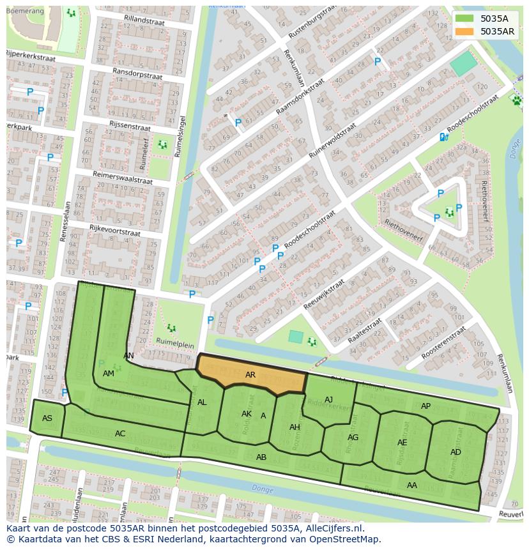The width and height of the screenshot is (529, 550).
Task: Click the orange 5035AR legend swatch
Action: [x=465, y=31]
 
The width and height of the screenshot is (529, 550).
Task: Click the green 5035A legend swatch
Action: [x=465, y=19]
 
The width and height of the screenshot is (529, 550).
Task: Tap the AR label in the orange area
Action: [x=250, y=375]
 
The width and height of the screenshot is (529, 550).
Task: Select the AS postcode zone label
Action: [x=47, y=418]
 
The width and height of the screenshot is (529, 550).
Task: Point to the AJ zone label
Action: [x=328, y=400]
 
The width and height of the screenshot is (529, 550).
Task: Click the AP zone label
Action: [x=425, y=406]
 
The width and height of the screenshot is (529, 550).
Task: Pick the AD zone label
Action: [x=456, y=452]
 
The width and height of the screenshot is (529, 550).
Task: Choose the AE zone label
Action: [x=402, y=443]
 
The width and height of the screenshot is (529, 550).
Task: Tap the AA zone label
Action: [x=412, y=485]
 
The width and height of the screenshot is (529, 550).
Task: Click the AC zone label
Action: [x=120, y=434]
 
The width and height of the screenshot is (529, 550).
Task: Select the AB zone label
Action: [x=261, y=457]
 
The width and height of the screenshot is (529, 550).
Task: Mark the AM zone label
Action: [x=109, y=374]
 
